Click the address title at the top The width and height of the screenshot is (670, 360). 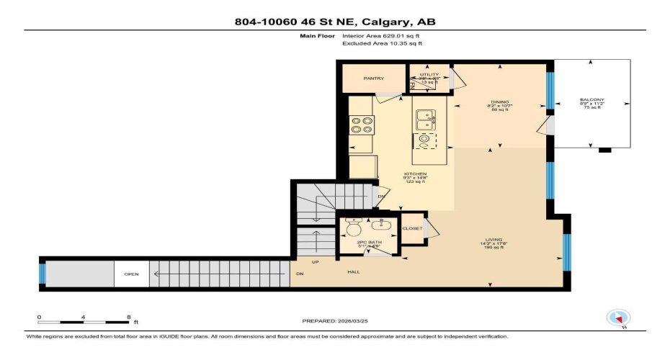point(335,22)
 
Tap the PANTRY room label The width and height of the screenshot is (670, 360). point(373,78)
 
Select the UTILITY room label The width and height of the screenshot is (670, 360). point(429,74)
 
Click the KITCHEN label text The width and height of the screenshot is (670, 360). point(415,174)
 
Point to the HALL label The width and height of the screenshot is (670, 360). point(354,272)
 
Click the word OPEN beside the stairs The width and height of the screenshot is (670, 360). point(131,274)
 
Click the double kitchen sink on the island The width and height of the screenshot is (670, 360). point(424,117)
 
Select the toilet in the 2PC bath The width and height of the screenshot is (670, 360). point(354,228)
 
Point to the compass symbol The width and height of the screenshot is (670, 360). point(618,318)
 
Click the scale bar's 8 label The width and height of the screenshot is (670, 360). point(128,317)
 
